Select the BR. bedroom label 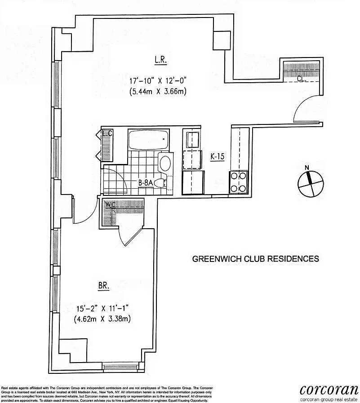click(x=104, y=285)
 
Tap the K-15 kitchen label click(x=218, y=157)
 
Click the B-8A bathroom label click(x=147, y=183)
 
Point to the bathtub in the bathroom click(x=148, y=140)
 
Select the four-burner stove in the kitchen click(x=239, y=182)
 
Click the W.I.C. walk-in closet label click(x=110, y=204)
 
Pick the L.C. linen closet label click(x=107, y=133)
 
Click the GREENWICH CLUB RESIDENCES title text click(x=255, y=259)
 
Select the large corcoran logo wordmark click(x=329, y=389)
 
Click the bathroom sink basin click(x=165, y=163)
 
